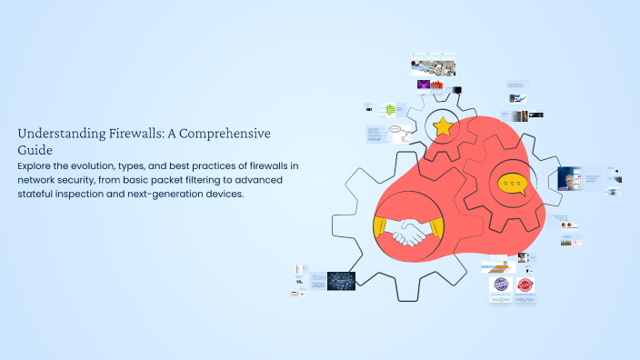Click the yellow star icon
pyautogui.click(x=443, y=126)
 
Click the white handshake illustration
pyautogui.click(x=407, y=233)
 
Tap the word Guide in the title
pyautogui.click(x=36, y=149)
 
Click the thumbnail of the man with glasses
pyautogui.click(x=571, y=178)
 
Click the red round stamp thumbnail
pyautogui.click(x=525, y=285)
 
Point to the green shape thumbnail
pyautogui.click(x=391, y=110)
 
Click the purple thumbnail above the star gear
pyautogui.click(x=424, y=85)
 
